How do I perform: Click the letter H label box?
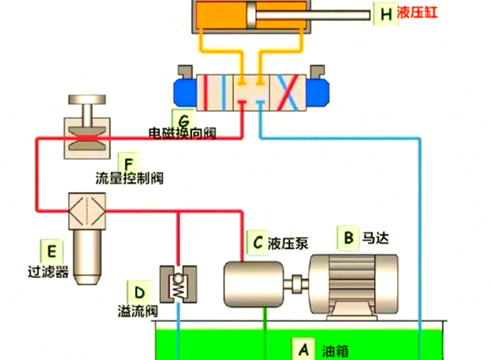click(385, 14)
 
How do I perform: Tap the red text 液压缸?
click(417, 13)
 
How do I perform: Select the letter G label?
click(184, 119)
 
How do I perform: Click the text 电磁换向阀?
click(182, 133)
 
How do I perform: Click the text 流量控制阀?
click(129, 179)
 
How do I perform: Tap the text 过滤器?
click(48, 272)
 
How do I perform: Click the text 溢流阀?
click(137, 310)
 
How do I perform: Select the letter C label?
click(257, 242)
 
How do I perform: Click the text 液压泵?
click(288, 243)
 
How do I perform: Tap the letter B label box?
click(348, 238)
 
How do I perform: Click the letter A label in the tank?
click(303, 349)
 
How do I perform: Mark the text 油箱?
click(335, 351)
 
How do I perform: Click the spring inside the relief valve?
click(179, 287)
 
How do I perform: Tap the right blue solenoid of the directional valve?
click(319, 92)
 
